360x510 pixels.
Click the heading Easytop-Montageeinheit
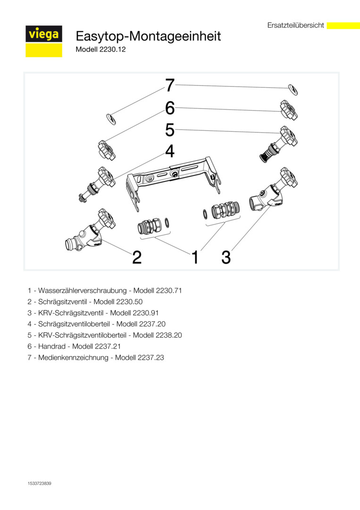click(148, 36)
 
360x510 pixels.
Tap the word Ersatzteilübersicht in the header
click(295, 25)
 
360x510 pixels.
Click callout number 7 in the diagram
click(170, 85)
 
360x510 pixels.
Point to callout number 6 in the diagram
click(170, 108)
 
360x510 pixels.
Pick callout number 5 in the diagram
click(170, 129)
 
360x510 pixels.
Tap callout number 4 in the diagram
click(170, 152)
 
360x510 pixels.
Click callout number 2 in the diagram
click(137, 257)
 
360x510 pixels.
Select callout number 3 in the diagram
click(226, 257)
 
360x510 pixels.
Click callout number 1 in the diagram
click(194, 258)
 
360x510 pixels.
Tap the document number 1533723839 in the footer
click(39, 484)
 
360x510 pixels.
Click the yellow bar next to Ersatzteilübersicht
click(343, 25)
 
